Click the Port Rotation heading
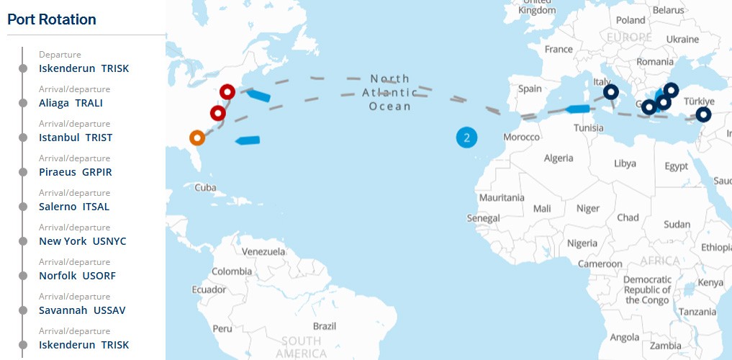pyautogui.click(x=52, y=19)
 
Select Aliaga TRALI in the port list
pyautogui.click(x=71, y=103)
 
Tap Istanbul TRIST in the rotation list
pyautogui.click(x=76, y=138)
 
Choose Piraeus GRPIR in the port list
pyautogui.click(x=76, y=172)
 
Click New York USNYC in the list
pyautogui.click(x=82, y=241)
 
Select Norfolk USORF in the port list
pyautogui.click(x=77, y=276)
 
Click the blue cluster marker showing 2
pyautogui.click(x=466, y=137)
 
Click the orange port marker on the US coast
pyautogui.click(x=197, y=137)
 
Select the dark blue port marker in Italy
pyautogui.click(x=610, y=91)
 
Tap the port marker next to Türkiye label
pyautogui.click(x=703, y=114)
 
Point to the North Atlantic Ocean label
pyautogui.click(x=391, y=92)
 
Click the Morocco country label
pyautogui.click(x=521, y=137)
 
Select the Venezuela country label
pyautogui.click(x=263, y=252)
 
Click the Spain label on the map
pyautogui.click(x=530, y=89)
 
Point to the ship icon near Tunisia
pyautogui.click(x=577, y=109)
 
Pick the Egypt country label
pyautogui.click(x=676, y=166)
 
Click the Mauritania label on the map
pyautogui.click(x=502, y=197)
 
